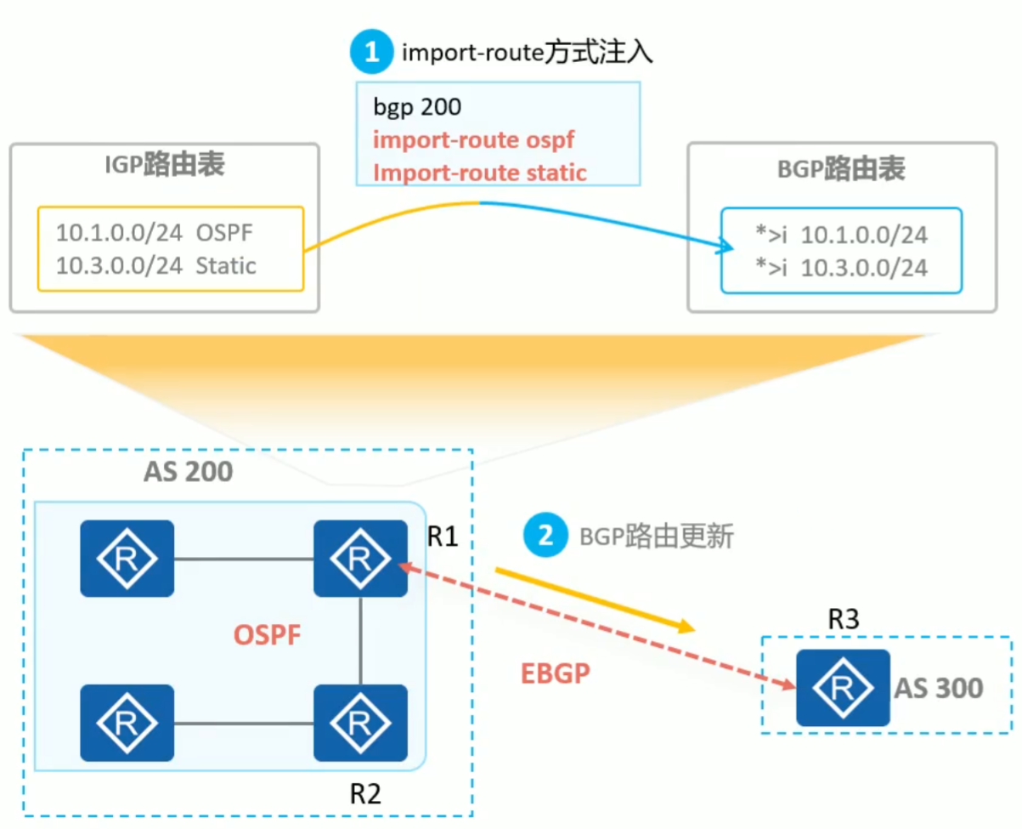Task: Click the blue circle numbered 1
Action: click(x=371, y=54)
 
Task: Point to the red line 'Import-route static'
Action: click(x=480, y=172)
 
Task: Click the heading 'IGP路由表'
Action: click(x=164, y=166)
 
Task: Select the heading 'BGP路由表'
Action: click(x=841, y=168)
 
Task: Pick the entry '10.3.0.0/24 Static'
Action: click(x=156, y=265)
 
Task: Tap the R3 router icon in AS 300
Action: click(x=842, y=687)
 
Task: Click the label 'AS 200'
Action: click(x=187, y=470)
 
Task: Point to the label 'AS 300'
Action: click(x=938, y=687)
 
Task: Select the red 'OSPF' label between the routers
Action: click(x=267, y=634)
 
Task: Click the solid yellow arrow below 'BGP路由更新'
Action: click(x=595, y=600)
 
